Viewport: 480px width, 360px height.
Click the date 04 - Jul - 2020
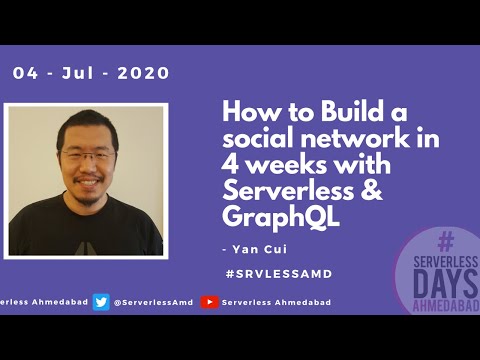point(91,74)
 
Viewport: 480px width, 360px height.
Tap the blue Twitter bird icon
point(101,302)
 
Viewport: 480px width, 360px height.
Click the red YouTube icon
point(210,302)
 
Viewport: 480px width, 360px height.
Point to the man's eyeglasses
point(87,157)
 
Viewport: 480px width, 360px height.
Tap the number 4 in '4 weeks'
point(229,163)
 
